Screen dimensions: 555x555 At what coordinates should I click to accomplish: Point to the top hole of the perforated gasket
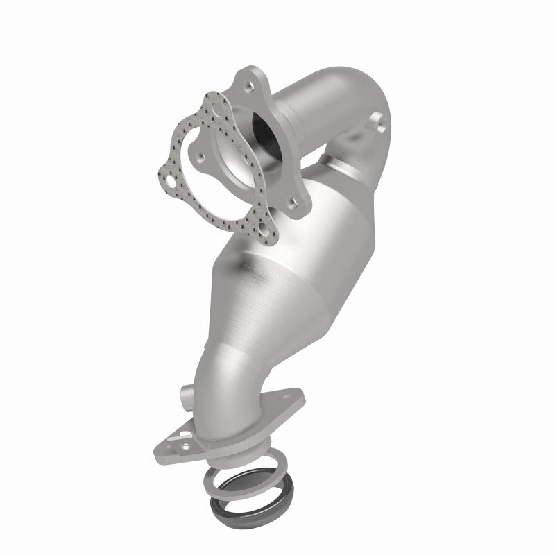click(218, 110)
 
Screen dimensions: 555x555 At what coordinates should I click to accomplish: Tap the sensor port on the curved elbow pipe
click(379, 127)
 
